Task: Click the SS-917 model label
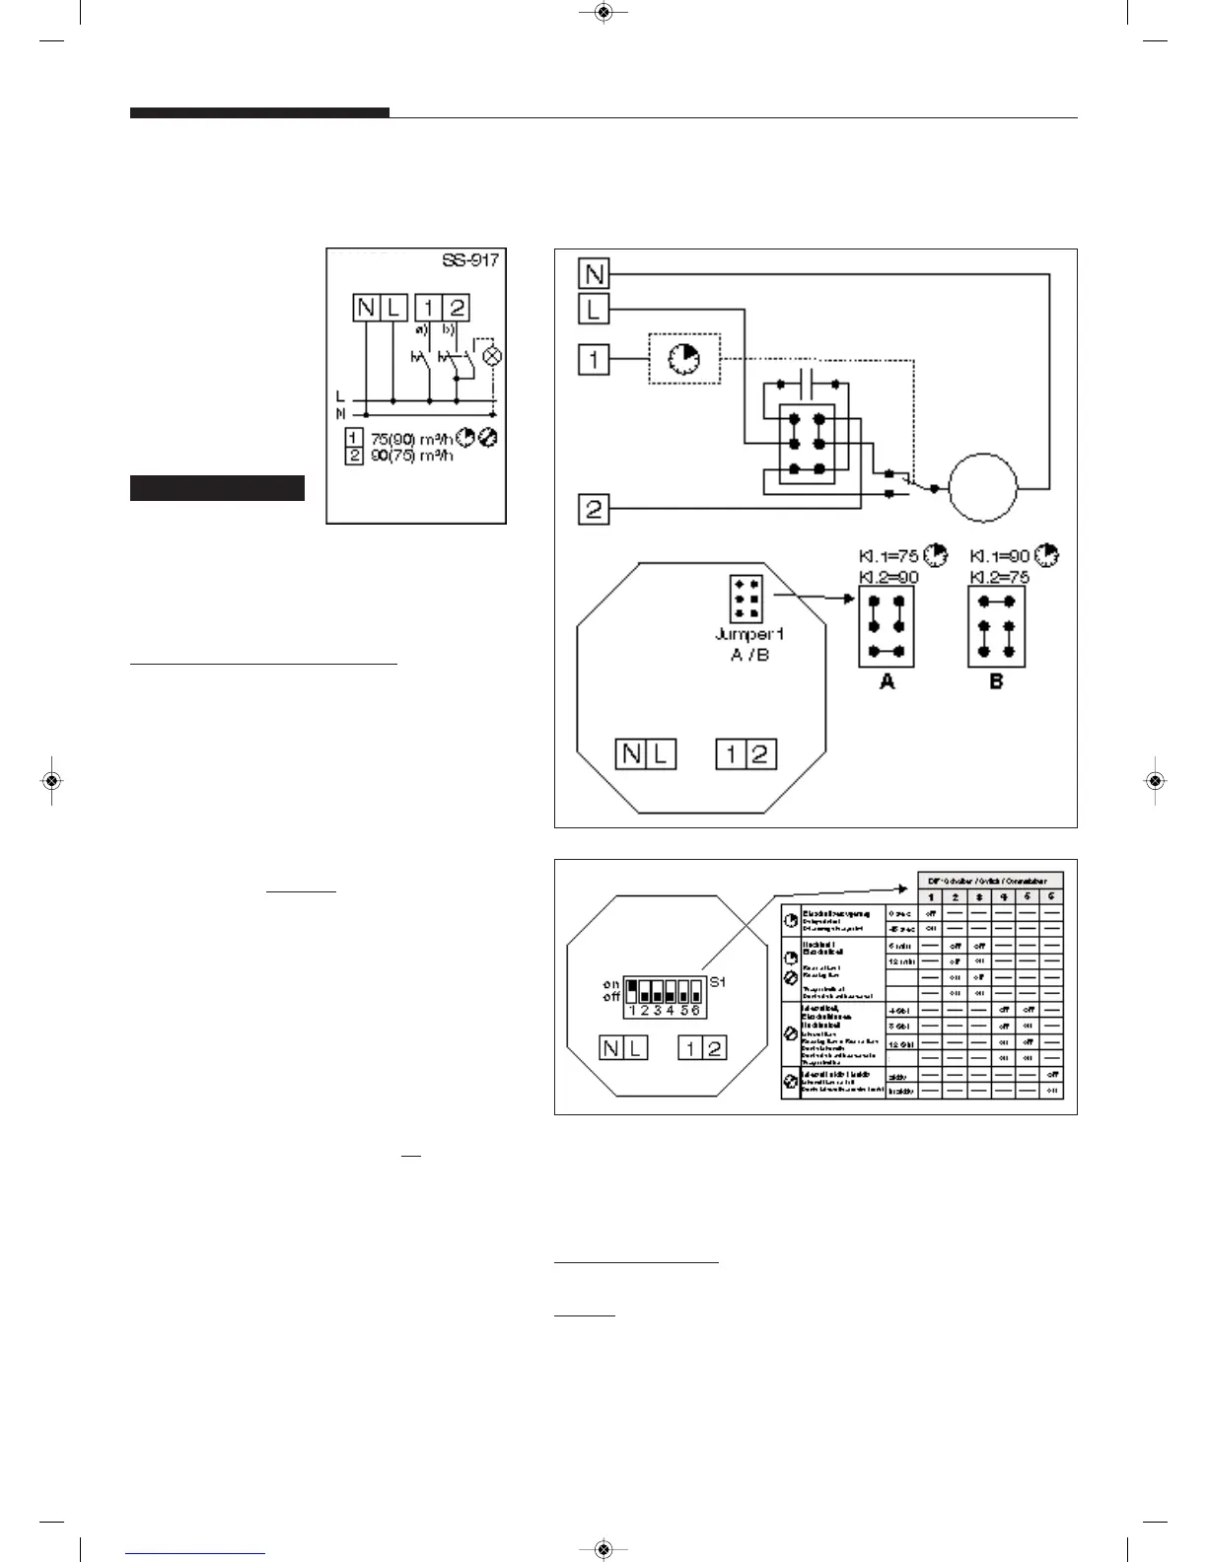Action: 470,261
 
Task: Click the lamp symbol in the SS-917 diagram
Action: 490,356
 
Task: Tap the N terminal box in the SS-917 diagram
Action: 366,308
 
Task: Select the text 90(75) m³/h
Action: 411,456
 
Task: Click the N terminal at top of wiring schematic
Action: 594,273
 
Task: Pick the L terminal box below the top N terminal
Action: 594,310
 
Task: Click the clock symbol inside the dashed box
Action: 683,360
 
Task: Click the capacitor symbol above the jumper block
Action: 808,383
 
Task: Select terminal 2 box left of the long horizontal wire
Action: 594,510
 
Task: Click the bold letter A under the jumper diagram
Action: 887,681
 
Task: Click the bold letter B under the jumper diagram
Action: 996,681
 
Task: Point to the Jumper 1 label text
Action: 749,634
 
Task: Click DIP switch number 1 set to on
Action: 632,989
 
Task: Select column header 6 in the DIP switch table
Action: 1051,896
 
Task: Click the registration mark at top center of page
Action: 604,12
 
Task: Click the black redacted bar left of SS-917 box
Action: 217,488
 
